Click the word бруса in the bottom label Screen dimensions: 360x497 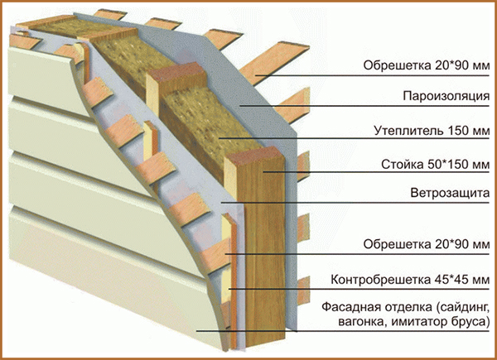pos(468,321)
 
